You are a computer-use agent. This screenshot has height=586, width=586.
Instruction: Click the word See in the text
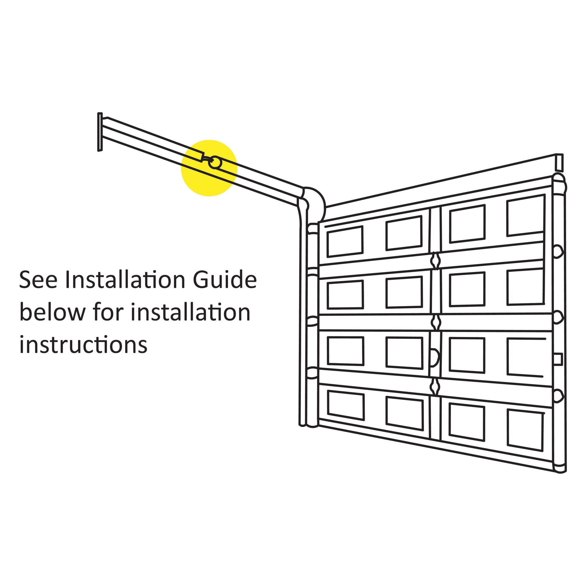(x=38, y=280)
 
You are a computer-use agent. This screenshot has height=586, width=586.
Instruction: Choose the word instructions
(x=83, y=345)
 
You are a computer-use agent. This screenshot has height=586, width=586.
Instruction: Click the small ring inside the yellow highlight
(x=215, y=163)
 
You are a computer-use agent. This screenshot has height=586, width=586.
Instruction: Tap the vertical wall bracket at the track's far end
(x=100, y=132)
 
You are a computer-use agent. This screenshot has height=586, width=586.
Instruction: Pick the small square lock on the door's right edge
(x=558, y=359)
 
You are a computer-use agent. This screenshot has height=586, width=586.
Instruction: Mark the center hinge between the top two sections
(x=436, y=260)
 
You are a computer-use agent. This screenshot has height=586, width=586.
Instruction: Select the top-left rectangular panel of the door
(x=345, y=242)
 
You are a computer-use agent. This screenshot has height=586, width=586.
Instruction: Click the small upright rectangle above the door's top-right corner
(x=559, y=162)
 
